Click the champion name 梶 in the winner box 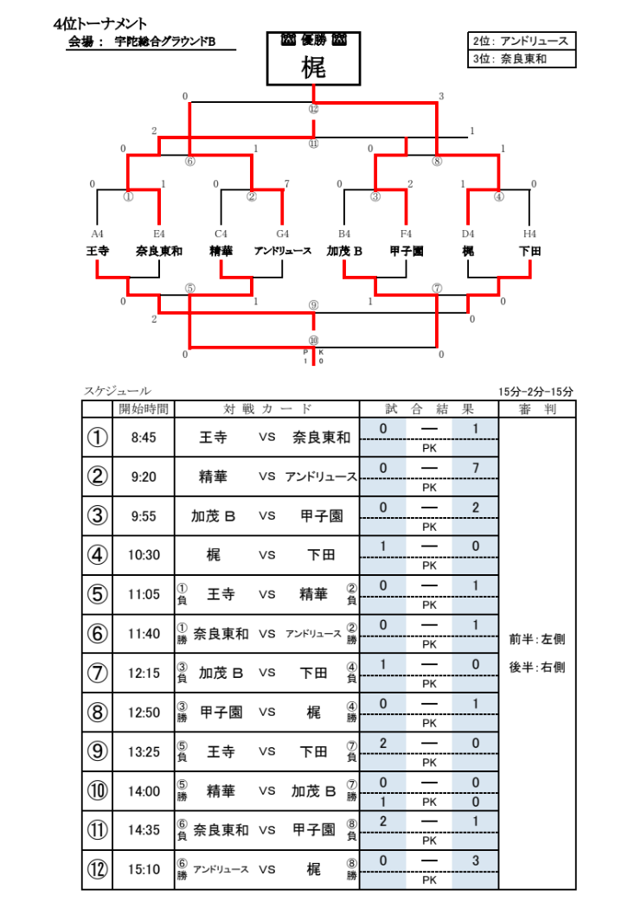pos(313,67)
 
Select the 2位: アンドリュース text pos(520,42)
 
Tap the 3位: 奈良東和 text pos(510,59)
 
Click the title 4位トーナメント pos(99,23)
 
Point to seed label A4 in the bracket pos(97,234)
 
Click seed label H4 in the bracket pos(529,234)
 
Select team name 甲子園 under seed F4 pos(407,251)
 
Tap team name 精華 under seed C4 pos(221,251)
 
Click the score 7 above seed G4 pos(286,183)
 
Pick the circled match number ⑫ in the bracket pos(313,109)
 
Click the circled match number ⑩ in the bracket pos(313,341)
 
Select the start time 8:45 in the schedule pos(144,438)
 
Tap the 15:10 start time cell pos(144,869)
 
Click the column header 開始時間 pos(144,409)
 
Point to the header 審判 pos(537,409)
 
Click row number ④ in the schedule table pos(97,555)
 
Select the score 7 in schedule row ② pos(476,468)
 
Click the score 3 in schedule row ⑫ pos(476,860)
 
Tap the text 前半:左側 pos(537,639)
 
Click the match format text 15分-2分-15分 pos(535,392)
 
